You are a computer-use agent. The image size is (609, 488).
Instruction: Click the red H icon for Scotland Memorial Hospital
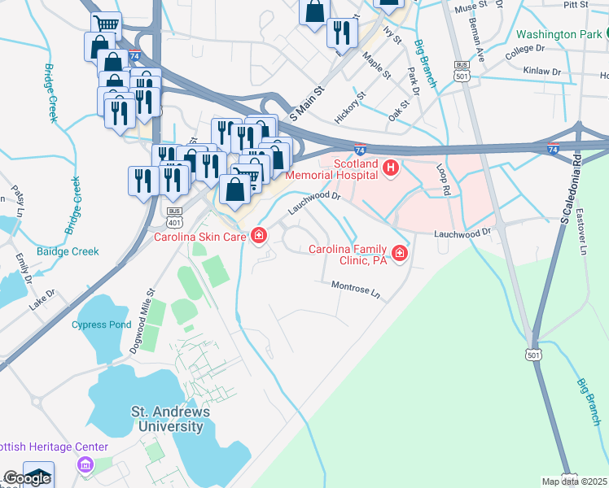[x=391, y=169]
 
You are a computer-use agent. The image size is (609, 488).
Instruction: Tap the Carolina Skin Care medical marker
[x=259, y=237]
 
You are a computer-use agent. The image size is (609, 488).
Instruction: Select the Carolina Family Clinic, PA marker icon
[x=399, y=255]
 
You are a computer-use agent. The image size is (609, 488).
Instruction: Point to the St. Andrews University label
[x=171, y=419]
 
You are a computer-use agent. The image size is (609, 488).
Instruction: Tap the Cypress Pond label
[x=99, y=325]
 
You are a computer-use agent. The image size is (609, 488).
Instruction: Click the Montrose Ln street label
[x=356, y=288]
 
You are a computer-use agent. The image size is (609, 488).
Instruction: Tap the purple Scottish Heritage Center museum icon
[x=84, y=466]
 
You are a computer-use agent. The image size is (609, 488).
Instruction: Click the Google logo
[x=26, y=479]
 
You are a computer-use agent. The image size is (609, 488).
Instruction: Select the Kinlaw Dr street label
[x=543, y=72]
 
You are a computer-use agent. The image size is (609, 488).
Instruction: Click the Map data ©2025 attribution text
[x=574, y=481]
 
